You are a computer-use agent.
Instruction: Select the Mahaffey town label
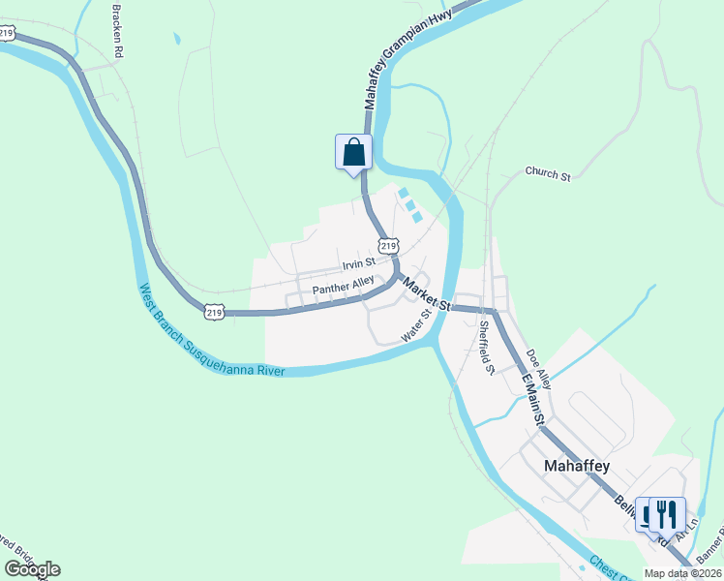(x=576, y=466)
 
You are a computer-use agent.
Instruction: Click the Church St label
(x=548, y=174)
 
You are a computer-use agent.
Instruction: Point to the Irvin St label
(x=358, y=264)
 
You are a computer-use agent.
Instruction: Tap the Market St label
(x=427, y=293)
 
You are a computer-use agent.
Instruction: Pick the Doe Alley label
(x=538, y=369)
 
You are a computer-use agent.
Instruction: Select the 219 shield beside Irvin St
(x=387, y=247)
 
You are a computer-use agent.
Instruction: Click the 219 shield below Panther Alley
(x=214, y=312)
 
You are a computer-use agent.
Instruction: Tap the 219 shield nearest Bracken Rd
(x=8, y=33)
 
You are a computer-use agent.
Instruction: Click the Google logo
(x=32, y=569)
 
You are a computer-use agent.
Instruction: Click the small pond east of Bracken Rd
(x=177, y=40)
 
